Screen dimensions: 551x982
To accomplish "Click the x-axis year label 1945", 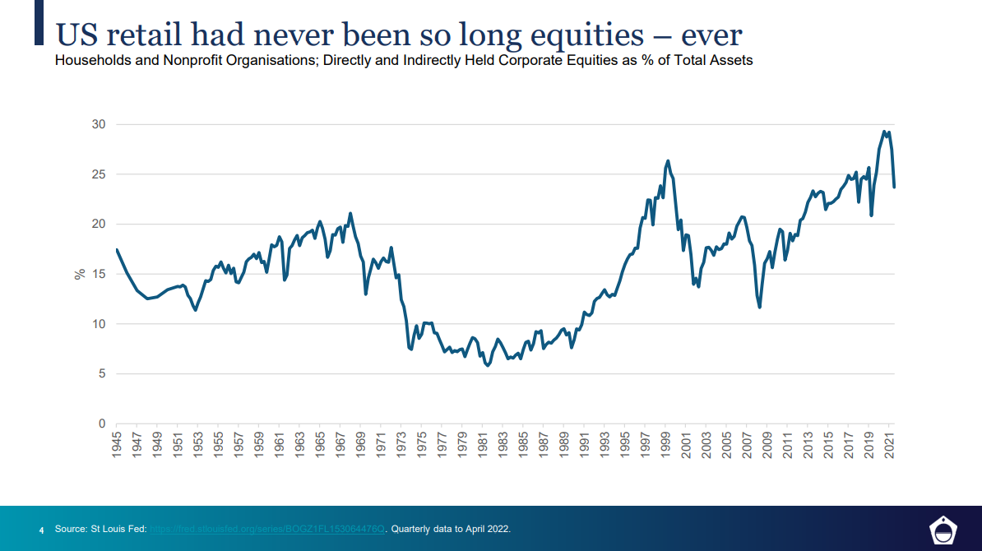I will [x=118, y=447].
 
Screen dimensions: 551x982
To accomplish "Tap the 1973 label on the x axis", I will [x=401, y=447].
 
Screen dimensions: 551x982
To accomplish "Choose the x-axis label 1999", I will [x=666, y=447].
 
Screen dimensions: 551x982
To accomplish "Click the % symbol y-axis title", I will [x=80, y=274].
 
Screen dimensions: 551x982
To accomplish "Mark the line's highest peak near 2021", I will [x=884, y=132].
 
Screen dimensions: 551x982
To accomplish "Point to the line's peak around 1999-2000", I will [x=668, y=160].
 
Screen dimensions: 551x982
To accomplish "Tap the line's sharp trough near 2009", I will [x=760, y=308].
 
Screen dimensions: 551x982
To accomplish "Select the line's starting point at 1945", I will [x=117, y=249].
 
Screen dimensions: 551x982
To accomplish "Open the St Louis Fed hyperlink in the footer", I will [x=267, y=528].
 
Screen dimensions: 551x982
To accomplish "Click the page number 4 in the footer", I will [x=41, y=529].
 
